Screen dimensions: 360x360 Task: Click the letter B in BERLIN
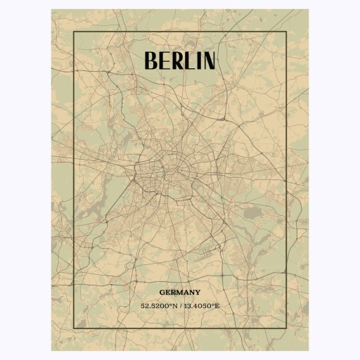[150, 60]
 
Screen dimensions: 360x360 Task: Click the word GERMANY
[179, 292]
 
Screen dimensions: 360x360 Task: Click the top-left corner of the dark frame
[74, 32]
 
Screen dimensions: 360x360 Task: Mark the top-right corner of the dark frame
[285, 32]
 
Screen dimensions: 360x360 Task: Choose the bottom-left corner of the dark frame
[74, 328]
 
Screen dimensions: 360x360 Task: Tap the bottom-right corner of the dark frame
[285, 328]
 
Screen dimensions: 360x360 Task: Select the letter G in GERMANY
[162, 292]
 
